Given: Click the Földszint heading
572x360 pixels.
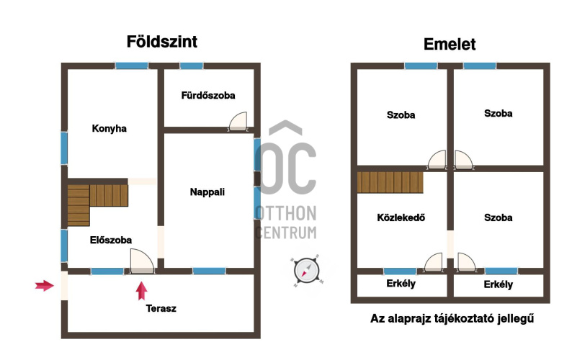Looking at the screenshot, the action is point(162,42).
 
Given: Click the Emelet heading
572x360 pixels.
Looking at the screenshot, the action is point(450,45).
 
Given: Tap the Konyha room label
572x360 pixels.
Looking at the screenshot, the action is point(109,128).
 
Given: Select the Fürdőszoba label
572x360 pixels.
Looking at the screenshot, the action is point(208,96).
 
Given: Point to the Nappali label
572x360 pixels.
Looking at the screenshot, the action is point(207,192).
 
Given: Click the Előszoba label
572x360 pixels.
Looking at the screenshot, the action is point(111,240).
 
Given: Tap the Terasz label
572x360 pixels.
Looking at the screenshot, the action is point(161,309).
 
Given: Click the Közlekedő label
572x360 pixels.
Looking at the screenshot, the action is point(401,217).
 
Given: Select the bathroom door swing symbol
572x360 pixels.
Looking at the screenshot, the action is point(238,122).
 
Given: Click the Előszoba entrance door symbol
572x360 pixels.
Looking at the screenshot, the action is point(142,261).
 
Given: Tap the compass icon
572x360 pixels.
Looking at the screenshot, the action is point(307,271).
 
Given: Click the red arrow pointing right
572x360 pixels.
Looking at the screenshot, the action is point(45,286).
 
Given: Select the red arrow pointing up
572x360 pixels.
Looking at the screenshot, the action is point(141,291).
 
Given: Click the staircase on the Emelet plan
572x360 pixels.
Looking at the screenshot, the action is point(390,182).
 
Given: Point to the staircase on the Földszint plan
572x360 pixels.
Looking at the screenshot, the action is point(98,205).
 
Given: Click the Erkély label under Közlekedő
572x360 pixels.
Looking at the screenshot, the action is point(401,284).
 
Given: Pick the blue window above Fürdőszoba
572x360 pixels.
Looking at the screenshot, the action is point(192,66).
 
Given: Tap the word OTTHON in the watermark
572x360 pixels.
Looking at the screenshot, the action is point(285,213).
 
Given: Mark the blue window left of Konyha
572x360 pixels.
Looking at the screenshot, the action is point(64,148).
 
